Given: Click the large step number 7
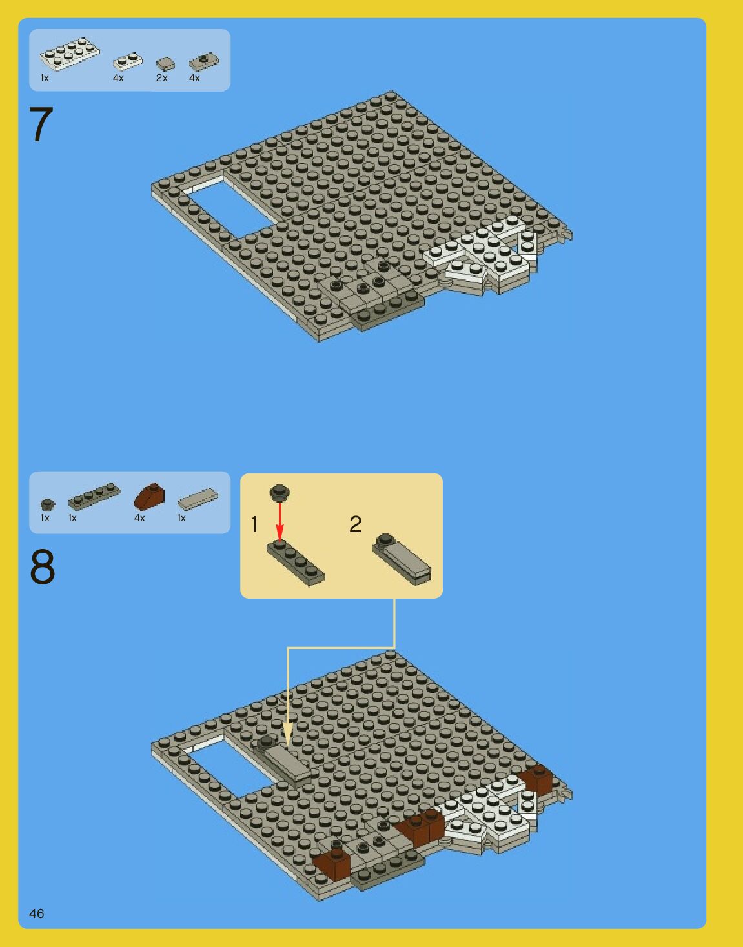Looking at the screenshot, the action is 41,125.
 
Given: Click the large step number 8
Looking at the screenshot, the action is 43,566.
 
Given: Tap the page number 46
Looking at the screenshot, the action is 37,913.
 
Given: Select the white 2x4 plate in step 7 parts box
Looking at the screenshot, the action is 70,54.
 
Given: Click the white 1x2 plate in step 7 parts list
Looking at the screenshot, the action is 128,61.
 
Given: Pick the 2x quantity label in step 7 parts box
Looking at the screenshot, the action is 162,78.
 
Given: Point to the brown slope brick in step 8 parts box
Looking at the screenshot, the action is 149,496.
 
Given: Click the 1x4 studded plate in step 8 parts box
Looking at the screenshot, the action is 94,496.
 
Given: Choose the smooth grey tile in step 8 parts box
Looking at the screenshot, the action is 198,499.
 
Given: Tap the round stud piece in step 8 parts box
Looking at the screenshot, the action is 48,504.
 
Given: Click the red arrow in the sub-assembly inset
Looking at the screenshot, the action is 280,522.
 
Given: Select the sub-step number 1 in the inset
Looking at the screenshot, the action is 254,524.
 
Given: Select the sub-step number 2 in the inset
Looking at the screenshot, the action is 356,524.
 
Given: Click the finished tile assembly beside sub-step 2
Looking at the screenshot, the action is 402,559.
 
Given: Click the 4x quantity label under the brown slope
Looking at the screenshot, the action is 139,518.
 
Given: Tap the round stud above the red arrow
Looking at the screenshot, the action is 280,492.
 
